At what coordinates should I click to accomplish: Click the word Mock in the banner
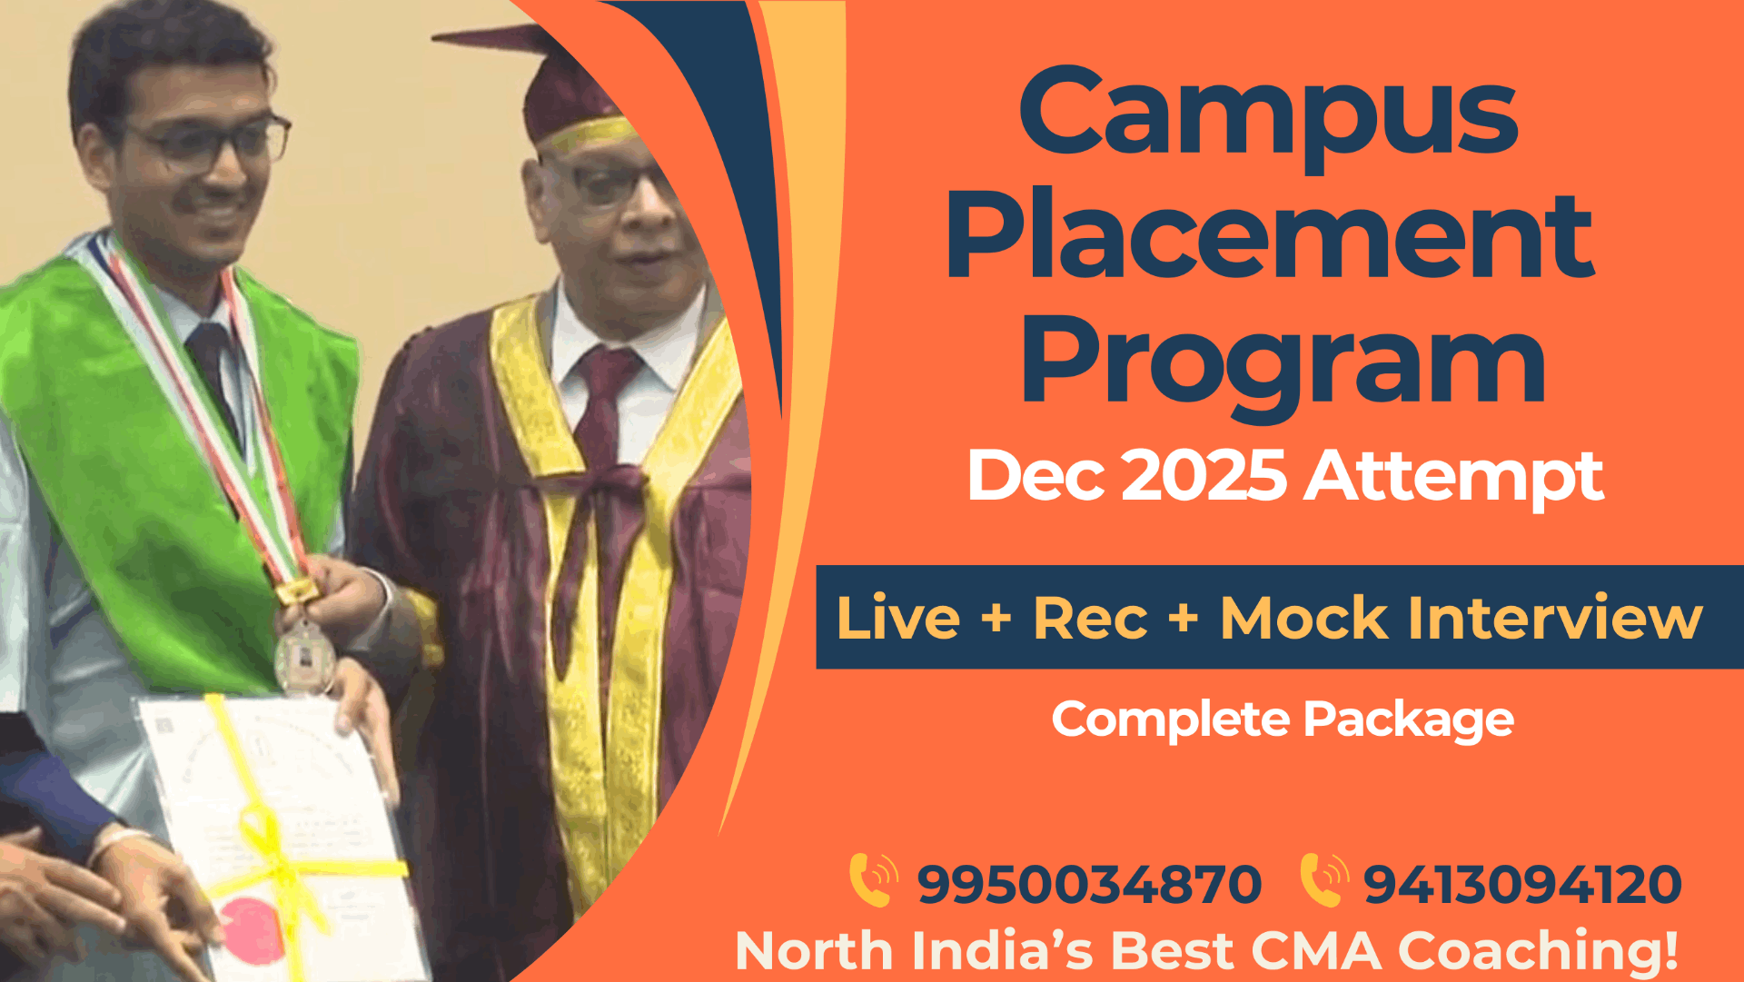(1303, 619)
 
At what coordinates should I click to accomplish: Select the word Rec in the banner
(1091, 619)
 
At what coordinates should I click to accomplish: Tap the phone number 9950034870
(1089, 884)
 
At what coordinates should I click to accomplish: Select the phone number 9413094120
(1522, 884)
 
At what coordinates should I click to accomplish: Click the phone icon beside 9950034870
(873, 879)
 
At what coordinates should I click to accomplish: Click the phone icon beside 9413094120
(1323, 879)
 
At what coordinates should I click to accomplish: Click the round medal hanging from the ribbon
(304, 656)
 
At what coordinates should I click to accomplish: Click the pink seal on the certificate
(253, 928)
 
